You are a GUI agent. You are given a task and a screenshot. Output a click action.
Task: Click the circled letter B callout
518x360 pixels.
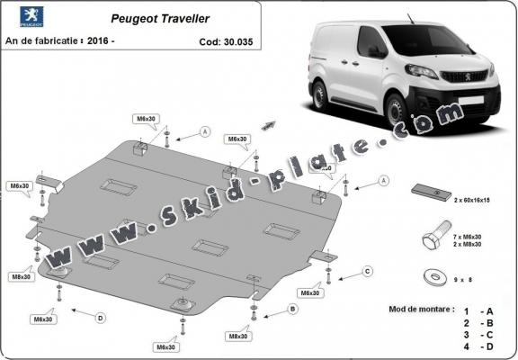point(291,309)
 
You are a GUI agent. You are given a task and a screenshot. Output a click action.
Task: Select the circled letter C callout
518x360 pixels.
point(367,270)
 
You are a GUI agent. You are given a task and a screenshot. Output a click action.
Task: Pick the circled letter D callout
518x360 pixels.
point(100,317)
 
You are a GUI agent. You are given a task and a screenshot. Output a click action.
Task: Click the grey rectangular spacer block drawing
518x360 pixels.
point(432,191)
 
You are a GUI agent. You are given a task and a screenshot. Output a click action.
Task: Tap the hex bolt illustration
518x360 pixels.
point(433,239)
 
